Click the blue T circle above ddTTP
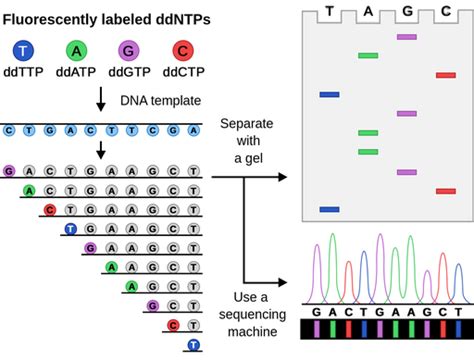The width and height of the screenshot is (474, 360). [24, 51]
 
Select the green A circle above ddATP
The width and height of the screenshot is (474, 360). [75, 51]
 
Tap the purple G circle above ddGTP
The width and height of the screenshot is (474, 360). [127, 51]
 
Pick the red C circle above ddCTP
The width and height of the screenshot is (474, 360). [180, 51]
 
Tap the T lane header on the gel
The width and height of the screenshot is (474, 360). [330, 13]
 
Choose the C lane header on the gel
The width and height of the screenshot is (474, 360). [445, 13]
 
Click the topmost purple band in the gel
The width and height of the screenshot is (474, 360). [406, 37]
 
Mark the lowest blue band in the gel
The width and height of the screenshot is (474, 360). [330, 210]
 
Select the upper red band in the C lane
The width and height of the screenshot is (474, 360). [445, 75]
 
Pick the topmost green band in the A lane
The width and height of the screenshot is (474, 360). [368, 56]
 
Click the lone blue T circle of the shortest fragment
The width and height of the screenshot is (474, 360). [194, 345]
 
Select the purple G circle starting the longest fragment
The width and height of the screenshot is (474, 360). [9, 170]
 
